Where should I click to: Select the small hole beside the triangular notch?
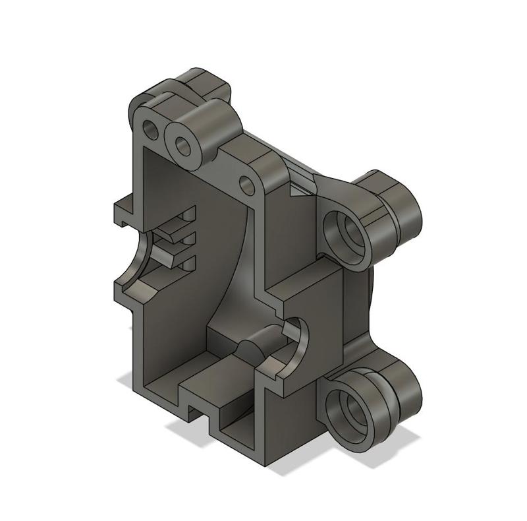coord(247,185)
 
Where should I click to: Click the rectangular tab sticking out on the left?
coord(124,213)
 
